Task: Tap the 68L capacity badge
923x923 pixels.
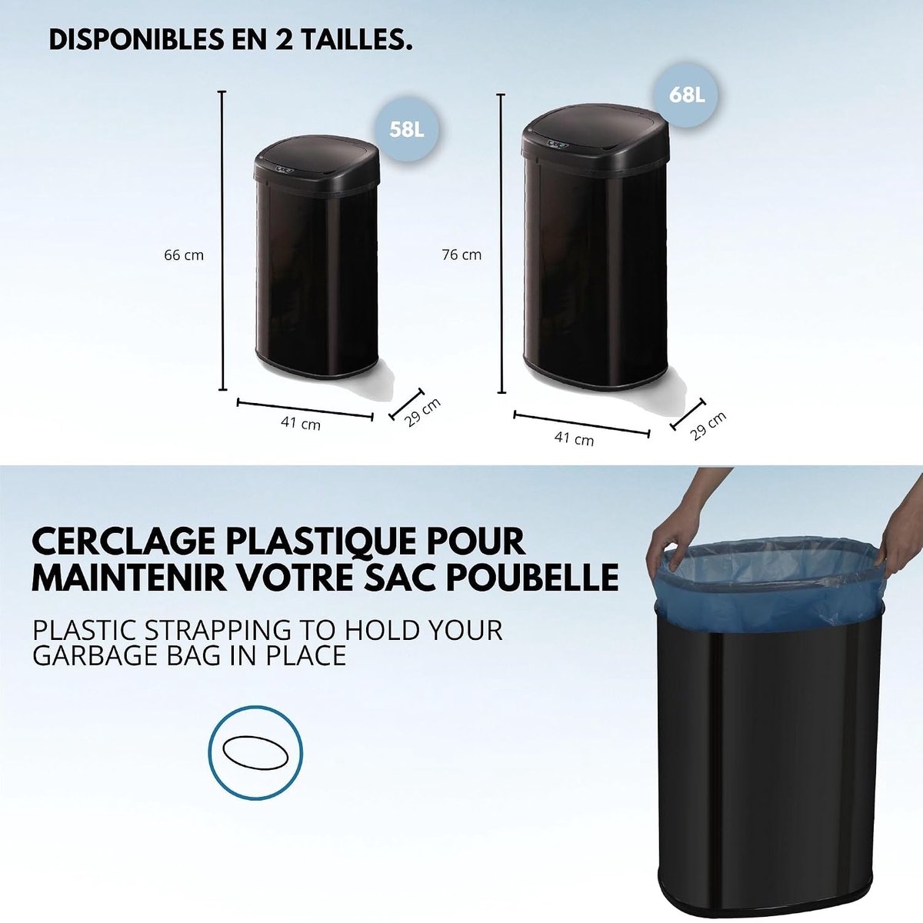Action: (687, 96)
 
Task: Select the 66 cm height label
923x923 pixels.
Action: (184, 255)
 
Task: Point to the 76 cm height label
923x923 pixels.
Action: (461, 255)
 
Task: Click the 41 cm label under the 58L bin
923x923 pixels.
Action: (301, 423)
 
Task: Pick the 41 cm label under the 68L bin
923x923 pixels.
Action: (574, 438)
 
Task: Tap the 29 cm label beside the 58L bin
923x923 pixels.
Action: (422, 412)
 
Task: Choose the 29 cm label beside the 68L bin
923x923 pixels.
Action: (708, 425)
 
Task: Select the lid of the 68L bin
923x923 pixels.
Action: (595, 136)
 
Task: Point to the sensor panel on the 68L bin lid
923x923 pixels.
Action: (558, 144)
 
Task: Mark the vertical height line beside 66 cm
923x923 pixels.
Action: (222, 241)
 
